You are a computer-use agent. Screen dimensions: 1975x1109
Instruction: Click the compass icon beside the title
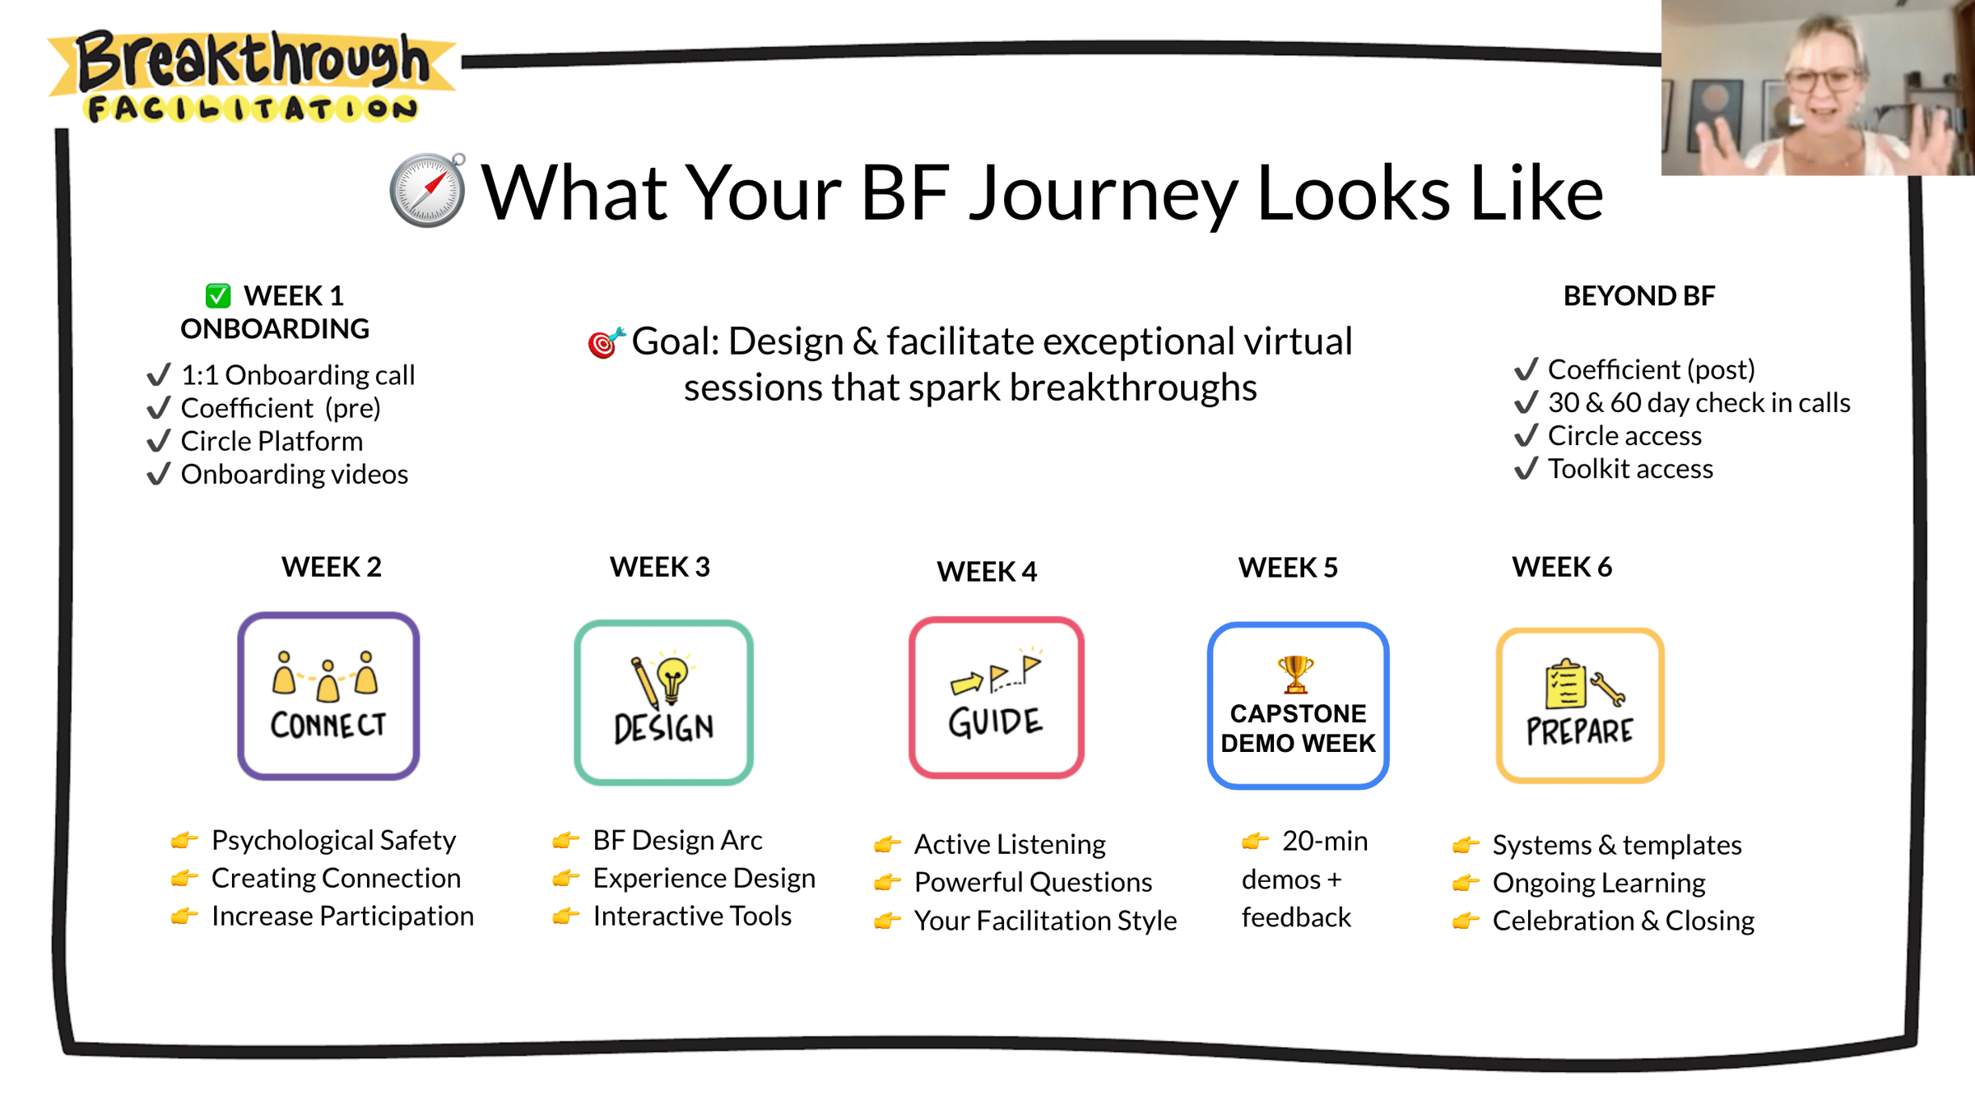pos(427,190)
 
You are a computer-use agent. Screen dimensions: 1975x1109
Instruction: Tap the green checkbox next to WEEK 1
pos(218,295)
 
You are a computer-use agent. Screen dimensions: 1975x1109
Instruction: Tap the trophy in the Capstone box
pos(1296,674)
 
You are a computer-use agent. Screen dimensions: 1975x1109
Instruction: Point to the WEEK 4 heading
pos(987,571)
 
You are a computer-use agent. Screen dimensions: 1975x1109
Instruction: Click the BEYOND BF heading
pos(1639,295)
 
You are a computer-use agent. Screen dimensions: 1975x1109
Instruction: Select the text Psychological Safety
pos(333,840)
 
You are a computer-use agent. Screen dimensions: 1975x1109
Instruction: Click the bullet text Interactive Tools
pos(692,916)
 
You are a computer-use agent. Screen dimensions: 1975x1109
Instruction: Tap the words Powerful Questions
pos(1033,882)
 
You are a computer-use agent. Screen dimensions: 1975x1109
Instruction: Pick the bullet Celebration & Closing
pos(1624,920)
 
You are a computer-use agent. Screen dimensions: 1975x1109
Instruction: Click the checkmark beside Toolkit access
pos(1527,468)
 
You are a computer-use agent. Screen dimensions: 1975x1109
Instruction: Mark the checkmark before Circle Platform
pos(159,441)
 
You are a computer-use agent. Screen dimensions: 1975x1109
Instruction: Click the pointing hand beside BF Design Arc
pos(566,840)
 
